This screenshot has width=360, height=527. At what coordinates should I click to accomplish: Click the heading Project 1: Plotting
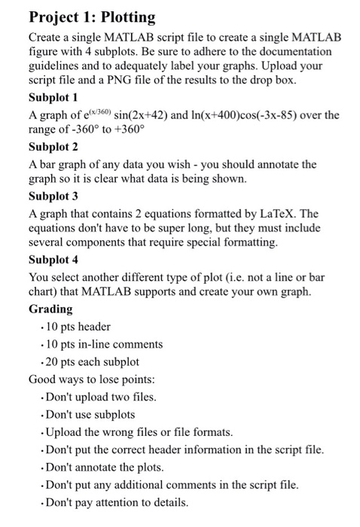pos(92,17)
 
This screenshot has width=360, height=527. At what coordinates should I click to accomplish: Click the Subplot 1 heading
pos(58,98)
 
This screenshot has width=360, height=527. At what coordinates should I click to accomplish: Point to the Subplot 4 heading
pos(58,259)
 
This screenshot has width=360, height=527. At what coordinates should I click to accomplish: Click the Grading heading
pos(50,309)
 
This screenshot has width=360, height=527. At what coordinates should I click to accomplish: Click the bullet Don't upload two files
pos(103,397)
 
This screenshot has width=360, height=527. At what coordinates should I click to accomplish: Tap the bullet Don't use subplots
pos(90,414)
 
